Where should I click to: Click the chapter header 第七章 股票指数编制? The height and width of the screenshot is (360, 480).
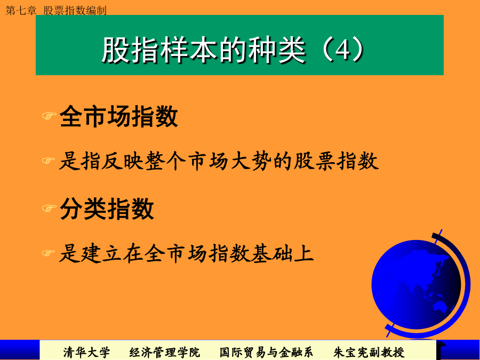(x=56, y=11)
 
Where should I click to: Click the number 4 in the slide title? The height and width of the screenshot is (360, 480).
(x=342, y=50)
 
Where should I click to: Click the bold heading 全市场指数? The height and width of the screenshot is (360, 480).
(x=119, y=116)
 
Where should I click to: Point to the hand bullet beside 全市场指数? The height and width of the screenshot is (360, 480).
(x=49, y=116)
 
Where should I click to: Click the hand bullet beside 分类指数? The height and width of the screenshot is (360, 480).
(x=49, y=208)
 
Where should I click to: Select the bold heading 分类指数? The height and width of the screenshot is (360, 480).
(x=107, y=209)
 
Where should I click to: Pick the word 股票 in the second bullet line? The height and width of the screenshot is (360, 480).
(x=315, y=161)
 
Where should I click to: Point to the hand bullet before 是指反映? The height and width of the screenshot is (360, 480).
(x=49, y=161)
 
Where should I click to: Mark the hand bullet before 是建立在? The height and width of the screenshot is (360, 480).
(x=49, y=253)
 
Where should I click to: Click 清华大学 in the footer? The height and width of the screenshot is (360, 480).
(x=86, y=353)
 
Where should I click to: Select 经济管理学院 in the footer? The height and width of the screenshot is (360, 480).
(x=164, y=353)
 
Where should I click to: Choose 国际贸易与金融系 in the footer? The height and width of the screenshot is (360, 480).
(x=266, y=353)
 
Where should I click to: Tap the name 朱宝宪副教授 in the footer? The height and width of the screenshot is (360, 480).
(x=369, y=353)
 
